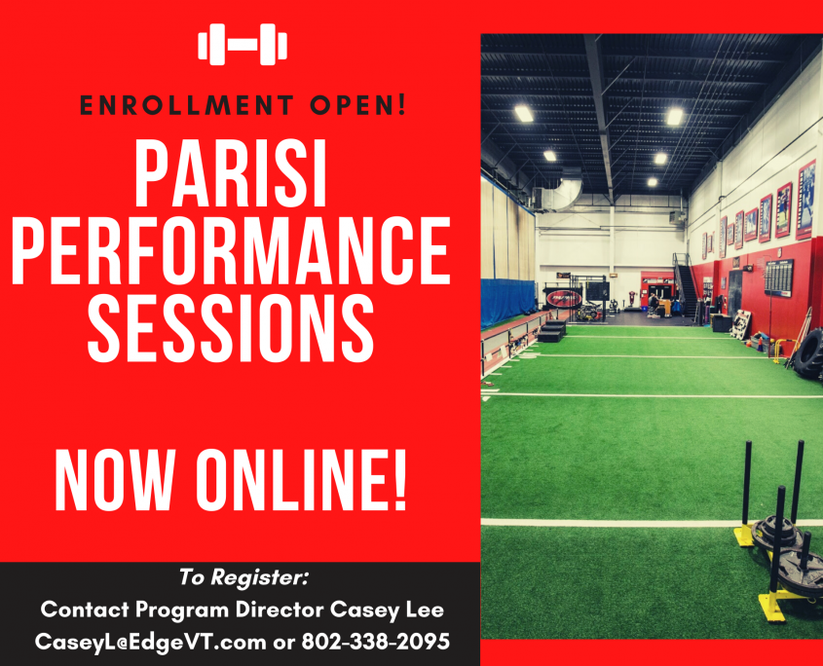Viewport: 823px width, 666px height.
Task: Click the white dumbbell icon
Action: (243, 44)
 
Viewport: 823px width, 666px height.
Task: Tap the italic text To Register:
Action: (244, 576)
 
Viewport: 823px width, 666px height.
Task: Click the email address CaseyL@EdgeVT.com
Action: (151, 642)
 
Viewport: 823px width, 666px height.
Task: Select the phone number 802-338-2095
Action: (376, 642)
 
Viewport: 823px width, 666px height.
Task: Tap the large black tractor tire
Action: (808, 353)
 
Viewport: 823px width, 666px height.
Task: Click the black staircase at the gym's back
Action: (686, 286)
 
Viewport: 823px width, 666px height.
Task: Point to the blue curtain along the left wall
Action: (508, 301)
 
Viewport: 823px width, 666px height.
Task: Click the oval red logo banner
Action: (564, 299)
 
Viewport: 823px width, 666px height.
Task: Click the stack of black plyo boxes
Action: (551, 331)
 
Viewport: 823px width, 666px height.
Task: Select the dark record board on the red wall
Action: (778, 277)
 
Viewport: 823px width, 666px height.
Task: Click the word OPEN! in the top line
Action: (358, 105)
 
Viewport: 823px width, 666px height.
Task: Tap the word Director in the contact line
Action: (280, 610)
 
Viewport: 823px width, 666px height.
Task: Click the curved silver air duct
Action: (562, 193)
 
